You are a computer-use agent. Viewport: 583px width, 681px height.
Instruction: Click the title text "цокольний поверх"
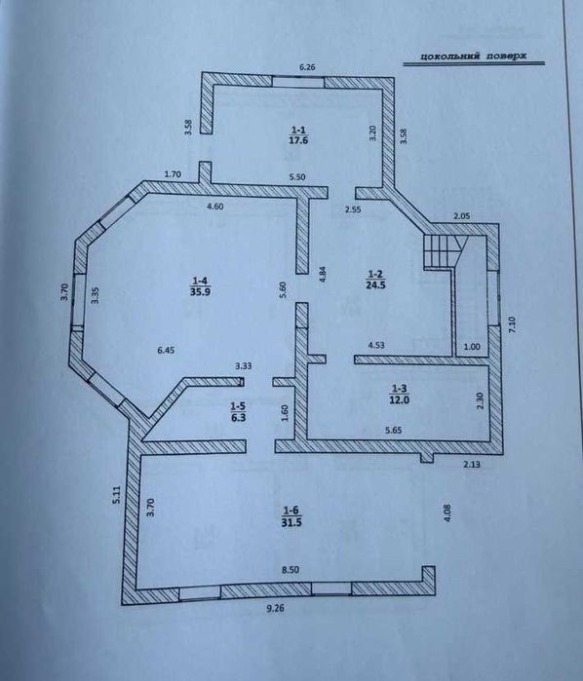(x=473, y=56)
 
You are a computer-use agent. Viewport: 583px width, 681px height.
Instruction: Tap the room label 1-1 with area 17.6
(x=298, y=134)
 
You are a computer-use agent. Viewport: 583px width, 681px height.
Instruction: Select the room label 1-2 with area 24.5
(x=375, y=280)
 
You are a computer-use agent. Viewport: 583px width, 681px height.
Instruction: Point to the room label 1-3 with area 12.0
(x=399, y=394)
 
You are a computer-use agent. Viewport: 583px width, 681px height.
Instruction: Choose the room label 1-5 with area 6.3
(x=238, y=412)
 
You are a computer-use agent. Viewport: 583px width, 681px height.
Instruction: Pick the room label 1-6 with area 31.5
(x=291, y=516)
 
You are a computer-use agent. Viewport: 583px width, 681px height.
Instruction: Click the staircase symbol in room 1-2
(x=444, y=251)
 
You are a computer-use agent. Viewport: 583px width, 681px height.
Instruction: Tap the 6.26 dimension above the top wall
(x=307, y=67)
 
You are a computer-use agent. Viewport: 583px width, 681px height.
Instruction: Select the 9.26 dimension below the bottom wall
(x=275, y=609)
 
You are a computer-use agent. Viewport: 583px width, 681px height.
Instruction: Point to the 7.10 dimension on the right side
(x=511, y=324)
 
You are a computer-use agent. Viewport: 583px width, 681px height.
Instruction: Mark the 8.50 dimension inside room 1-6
(x=290, y=570)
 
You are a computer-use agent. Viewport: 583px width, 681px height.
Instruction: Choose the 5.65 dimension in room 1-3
(x=393, y=431)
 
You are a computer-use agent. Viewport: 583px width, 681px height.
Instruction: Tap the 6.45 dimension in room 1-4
(x=166, y=350)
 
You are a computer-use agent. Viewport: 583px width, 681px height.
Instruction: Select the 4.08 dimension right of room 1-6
(x=449, y=512)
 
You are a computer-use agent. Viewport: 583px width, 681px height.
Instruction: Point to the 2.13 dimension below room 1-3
(x=472, y=465)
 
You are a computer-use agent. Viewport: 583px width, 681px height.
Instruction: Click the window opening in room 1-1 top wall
(x=298, y=82)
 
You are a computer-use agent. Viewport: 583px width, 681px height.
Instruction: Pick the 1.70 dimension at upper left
(x=173, y=174)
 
